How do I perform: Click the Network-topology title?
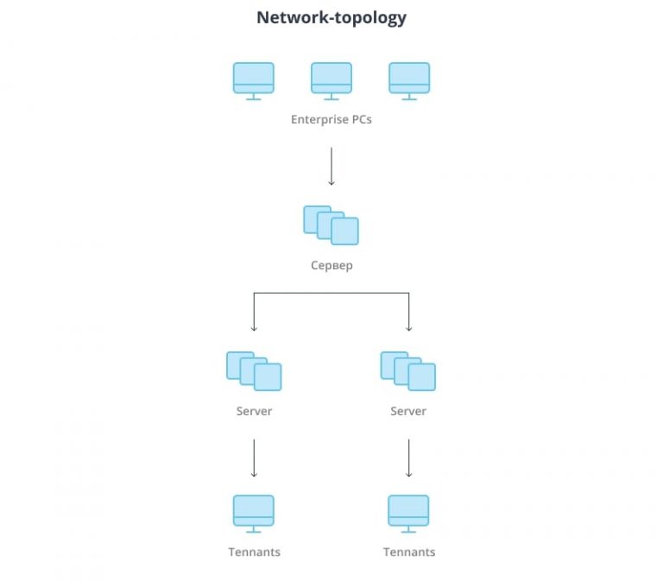coord(331,17)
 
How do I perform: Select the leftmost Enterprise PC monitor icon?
coord(254,79)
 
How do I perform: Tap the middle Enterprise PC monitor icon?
coord(331,79)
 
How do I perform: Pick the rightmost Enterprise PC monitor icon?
coord(409,79)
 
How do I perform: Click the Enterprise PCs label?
coord(331,120)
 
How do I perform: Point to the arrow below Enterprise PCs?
coord(331,166)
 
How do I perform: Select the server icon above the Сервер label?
coord(331,224)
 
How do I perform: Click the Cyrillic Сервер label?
coord(331,265)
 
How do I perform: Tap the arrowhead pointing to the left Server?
coord(254,327)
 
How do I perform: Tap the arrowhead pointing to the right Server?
coord(409,327)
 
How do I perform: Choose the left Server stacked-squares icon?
coord(254,370)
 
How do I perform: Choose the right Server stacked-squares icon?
coord(408,370)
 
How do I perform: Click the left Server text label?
coord(254,411)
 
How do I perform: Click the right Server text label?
coord(408,411)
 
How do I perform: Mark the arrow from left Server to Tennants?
coord(254,458)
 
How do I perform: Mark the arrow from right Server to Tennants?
coord(409,458)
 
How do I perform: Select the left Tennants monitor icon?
coord(254,512)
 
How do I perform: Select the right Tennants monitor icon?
coord(409,512)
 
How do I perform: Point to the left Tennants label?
coord(254,552)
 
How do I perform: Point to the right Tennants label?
coord(409,552)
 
